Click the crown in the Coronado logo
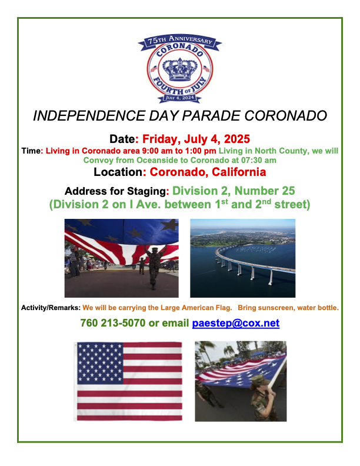[x=180, y=69]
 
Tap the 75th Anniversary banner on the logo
[x=180, y=41]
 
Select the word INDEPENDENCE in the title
[x=89, y=115]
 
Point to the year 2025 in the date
[x=236, y=139]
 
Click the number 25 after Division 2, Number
[x=288, y=191]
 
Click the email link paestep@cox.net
[x=236, y=323]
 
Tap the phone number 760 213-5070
[x=113, y=323]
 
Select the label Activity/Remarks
[x=51, y=308]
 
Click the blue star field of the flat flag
[x=100, y=363]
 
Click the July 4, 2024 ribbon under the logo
[x=180, y=98]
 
